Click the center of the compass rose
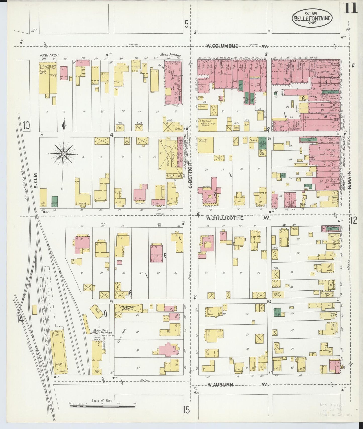[x=63, y=154]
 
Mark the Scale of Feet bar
[x=102, y=406]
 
